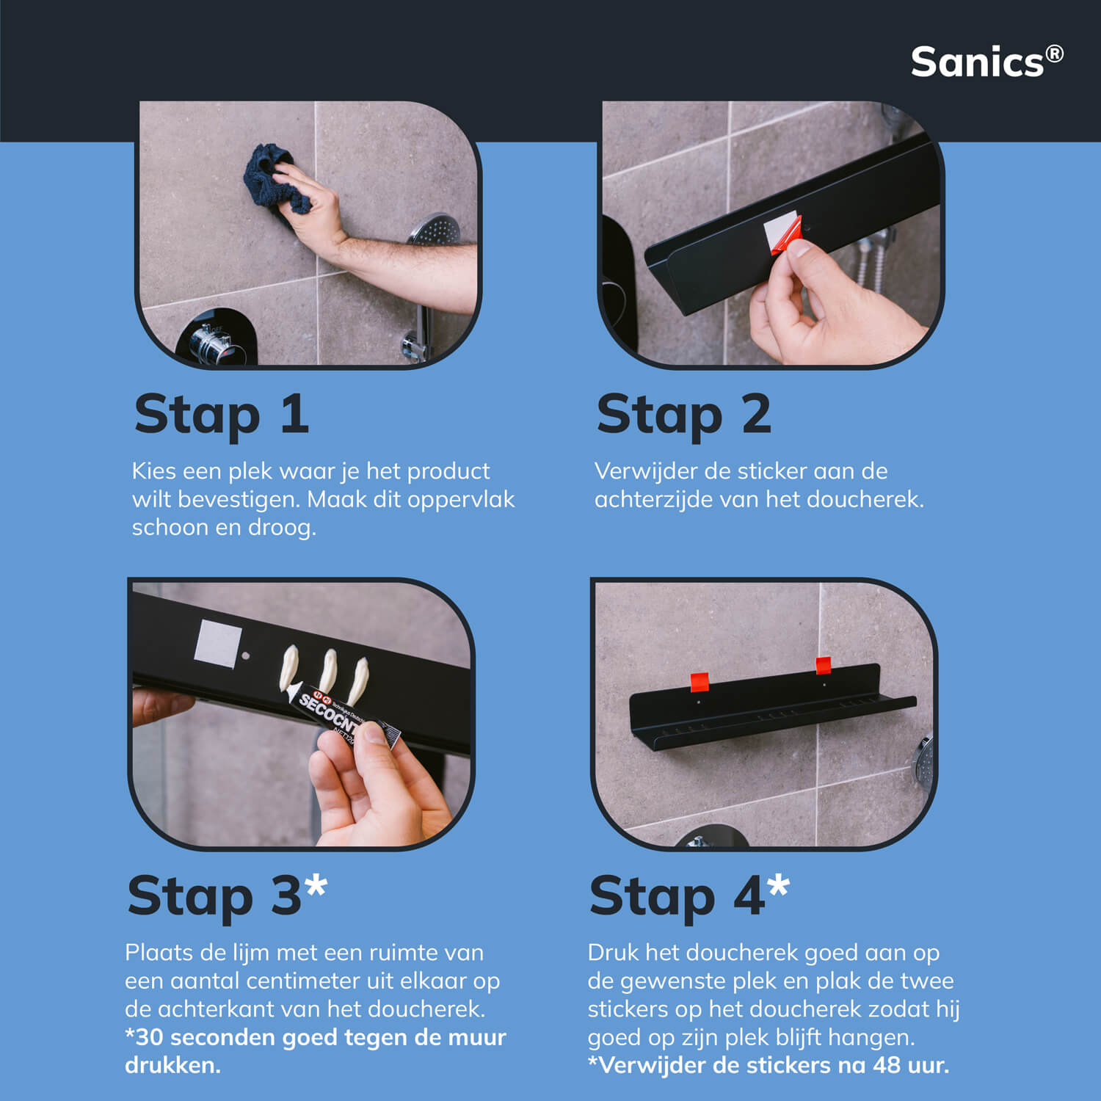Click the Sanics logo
click(x=986, y=62)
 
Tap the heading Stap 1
click(x=222, y=414)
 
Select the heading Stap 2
click(x=684, y=414)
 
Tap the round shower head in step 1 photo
click(x=435, y=230)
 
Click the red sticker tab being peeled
click(x=786, y=235)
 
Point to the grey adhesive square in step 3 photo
click(x=218, y=643)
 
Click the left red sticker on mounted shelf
click(x=700, y=682)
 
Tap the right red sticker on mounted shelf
click(x=824, y=666)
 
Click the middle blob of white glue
click(x=326, y=669)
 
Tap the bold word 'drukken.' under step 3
click(x=172, y=1065)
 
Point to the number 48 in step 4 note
click(x=887, y=1065)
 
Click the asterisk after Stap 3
click(x=316, y=886)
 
